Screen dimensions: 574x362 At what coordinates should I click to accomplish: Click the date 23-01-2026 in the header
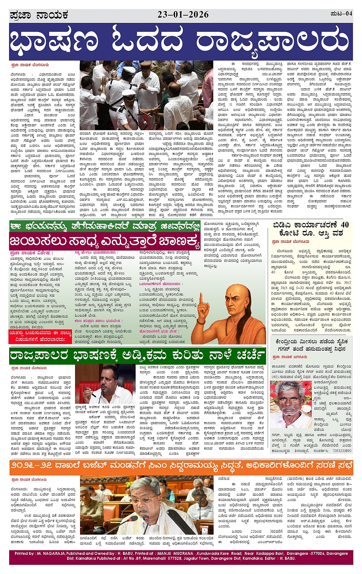pyautogui.click(x=183, y=15)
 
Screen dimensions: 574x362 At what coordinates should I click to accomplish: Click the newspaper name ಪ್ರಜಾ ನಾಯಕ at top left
pyautogui.click(x=39, y=15)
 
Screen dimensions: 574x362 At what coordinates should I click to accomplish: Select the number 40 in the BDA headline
pyautogui.click(x=344, y=224)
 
